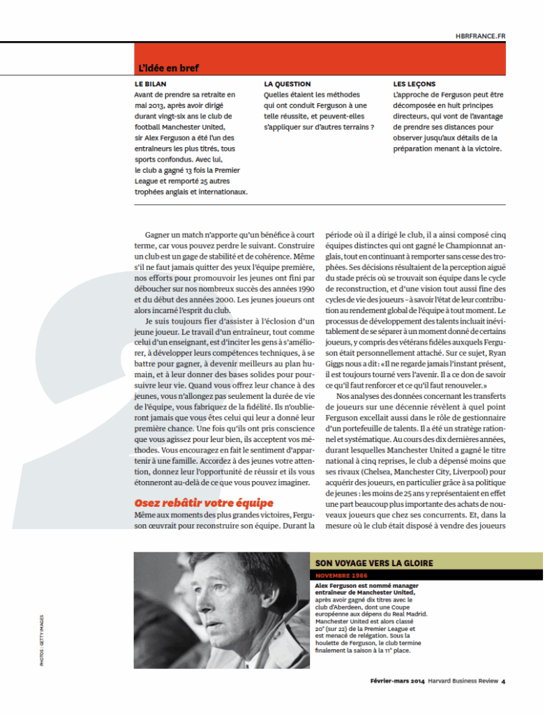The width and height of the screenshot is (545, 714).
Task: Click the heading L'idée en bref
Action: [x=168, y=68]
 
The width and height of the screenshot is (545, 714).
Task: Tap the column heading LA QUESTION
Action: [x=287, y=84]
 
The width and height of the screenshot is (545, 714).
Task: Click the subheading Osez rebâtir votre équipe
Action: [x=204, y=503]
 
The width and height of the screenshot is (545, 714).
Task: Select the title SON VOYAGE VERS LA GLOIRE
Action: [x=374, y=563]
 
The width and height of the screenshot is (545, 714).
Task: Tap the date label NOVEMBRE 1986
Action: [x=342, y=576]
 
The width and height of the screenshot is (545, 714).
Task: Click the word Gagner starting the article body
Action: [x=160, y=236]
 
